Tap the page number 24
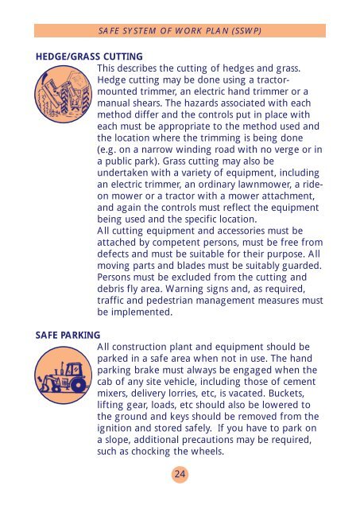180,474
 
